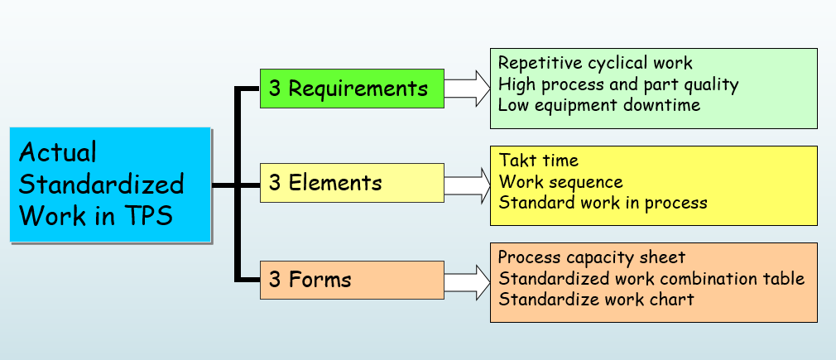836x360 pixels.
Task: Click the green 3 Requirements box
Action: pyautogui.click(x=352, y=89)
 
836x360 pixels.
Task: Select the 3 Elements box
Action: pyautogui.click(x=352, y=183)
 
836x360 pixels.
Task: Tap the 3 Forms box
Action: pyautogui.click(x=352, y=280)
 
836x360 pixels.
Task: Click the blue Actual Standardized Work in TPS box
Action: pyautogui.click(x=110, y=185)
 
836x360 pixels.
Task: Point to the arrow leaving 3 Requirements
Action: pyautogui.click(x=467, y=89)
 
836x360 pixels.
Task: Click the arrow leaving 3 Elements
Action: pyautogui.click(x=467, y=185)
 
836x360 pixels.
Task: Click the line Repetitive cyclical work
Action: pyautogui.click(x=595, y=63)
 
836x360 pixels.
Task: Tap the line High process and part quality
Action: pyautogui.click(x=618, y=84)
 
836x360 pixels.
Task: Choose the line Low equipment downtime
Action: pyautogui.click(x=598, y=104)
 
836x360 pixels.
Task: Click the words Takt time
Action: pyautogui.click(x=539, y=160)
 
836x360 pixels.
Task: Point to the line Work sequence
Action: pyautogui.click(x=561, y=182)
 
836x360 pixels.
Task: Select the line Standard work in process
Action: pyautogui.click(x=603, y=203)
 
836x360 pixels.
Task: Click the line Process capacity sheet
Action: pyautogui.click(x=592, y=257)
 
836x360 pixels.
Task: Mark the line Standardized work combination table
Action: pyautogui.click(x=651, y=278)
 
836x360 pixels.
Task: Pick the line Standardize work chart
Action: pyautogui.click(x=596, y=299)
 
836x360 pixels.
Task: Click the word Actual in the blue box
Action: pyautogui.click(x=58, y=152)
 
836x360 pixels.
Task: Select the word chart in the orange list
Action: pyautogui.click(x=670, y=299)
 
